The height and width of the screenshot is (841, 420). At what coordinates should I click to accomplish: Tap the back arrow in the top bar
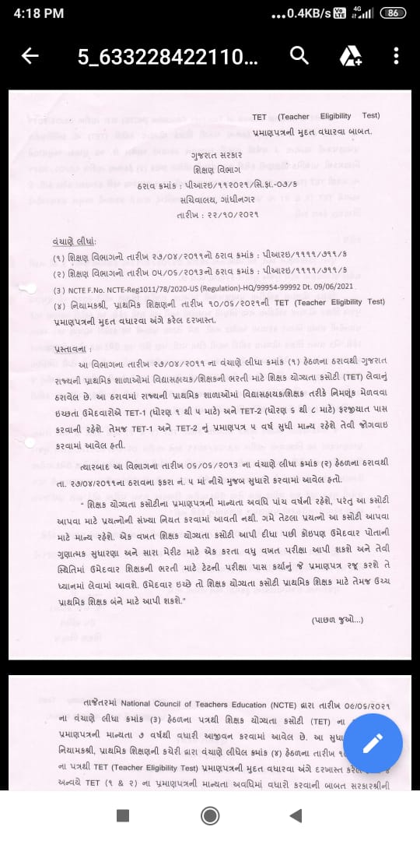(x=30, y=56)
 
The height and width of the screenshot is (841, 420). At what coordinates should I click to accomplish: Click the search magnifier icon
(x=299, y=55)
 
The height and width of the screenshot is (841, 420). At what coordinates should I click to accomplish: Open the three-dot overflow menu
(x=396, y=56)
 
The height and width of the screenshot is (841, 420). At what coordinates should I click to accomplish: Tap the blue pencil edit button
(x=372, y=743)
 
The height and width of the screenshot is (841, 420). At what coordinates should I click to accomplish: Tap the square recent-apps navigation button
(x=122, y=815)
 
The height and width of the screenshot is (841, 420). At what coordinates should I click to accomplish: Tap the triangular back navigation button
(x=296, y=815)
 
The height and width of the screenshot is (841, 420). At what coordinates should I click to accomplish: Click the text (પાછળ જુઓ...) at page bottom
(x=337, y=620)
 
